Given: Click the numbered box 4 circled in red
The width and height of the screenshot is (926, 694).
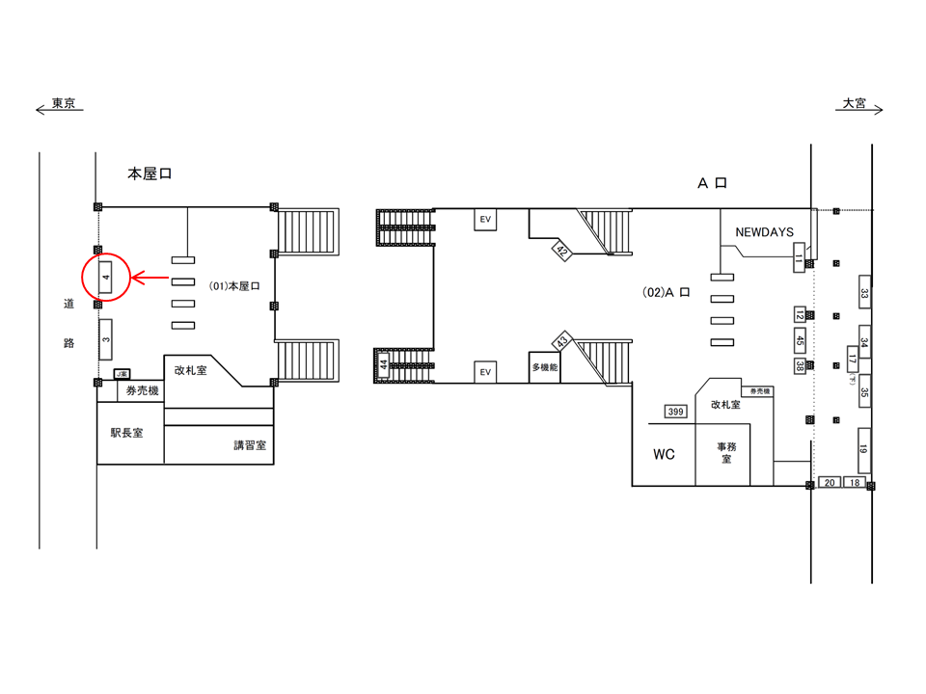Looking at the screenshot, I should click(x=106, y=278).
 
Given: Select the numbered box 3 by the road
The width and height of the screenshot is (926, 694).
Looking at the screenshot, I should click(x=106, y=339).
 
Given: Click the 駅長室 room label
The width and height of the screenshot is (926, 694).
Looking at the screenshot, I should click(x=126, y=434).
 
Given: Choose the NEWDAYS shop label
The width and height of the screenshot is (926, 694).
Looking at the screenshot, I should click(x=764, y=232).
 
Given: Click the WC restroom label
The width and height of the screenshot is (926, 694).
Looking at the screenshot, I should click(x=664, y=454).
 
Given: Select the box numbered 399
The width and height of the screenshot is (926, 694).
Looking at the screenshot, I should click(x=675, y=413).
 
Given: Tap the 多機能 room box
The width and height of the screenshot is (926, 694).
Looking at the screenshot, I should click(x=545, y=367).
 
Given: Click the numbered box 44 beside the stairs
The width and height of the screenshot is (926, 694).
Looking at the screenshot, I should click(x=384, y=364).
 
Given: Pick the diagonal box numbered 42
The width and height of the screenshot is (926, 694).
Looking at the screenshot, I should click(x=560, y=253).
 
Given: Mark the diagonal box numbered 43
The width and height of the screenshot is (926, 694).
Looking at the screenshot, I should click(x=561, y=342).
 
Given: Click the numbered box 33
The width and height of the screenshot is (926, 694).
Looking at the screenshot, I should click(x=865, y=294).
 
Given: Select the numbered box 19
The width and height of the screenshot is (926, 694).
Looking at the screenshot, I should click(x=864, y=448).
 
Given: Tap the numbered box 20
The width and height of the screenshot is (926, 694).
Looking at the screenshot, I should click(x=830, y=482).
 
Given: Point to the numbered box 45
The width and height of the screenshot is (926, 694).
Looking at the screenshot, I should click(x=800, y=340).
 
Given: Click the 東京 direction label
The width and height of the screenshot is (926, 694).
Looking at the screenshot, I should click(x=64, y=103).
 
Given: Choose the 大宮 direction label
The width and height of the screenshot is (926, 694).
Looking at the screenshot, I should click(x=855, y=103).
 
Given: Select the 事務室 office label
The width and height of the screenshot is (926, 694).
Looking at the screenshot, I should click(x=725, y=452).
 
